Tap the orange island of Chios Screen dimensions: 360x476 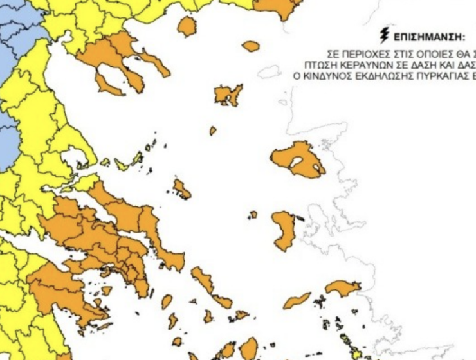283,230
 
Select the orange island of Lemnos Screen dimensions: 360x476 228,95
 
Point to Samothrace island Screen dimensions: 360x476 251,46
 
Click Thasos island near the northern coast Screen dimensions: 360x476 187,26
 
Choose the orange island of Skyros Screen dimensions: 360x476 182,190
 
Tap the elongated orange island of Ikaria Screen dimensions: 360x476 297,300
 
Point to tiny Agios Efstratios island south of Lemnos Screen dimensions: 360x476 213,130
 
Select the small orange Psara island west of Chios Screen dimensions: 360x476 253,214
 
